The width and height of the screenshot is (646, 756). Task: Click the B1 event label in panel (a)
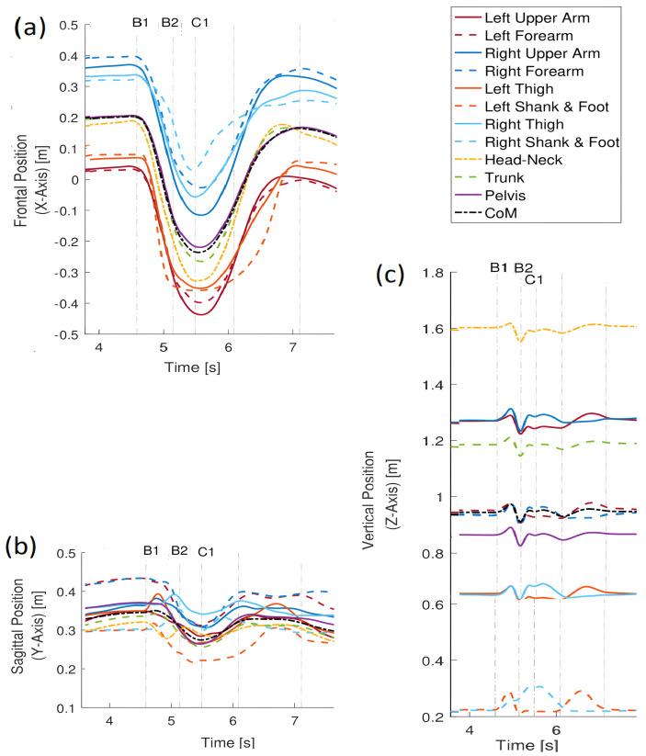pyautogui.click(x=141, y=23)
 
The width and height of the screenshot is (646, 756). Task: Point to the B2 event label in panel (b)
pyautogui.click(x=180, y=551)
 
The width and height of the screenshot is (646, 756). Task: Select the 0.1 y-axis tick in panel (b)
pyautogui.click(x=67, y=708)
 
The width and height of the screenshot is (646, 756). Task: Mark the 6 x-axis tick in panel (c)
pyautogui.click(x=555, y=730)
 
